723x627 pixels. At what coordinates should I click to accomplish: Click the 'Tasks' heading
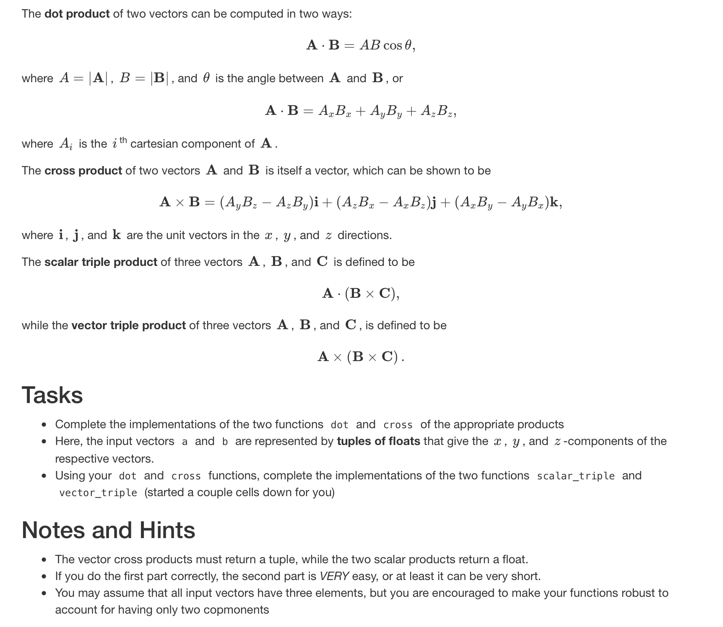click(x=52, y=395)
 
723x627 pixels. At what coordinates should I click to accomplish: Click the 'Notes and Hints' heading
click(x=108, y=530)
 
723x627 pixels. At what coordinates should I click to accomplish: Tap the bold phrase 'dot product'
click(x=77, y=14)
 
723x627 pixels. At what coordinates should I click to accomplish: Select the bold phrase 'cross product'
click(x=83, y=171)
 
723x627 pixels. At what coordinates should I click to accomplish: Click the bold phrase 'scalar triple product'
click(x=101, y=262)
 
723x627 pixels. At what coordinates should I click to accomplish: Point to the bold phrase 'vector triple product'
click(x=128, y=325)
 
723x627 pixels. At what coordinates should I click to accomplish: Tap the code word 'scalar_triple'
click(x=575, y=476)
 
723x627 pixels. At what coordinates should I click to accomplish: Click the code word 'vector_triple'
click(x=98, y=493)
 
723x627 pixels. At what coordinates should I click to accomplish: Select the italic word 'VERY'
click(x=334, y=576)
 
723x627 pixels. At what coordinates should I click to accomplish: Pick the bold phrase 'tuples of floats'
click(x=378, y=441)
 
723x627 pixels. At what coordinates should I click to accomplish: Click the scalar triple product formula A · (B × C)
click(x=360, y=293)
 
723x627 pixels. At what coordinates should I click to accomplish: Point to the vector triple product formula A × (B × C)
click(x=360, y=356)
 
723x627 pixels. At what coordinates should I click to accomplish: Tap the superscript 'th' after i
click(x=122, y=140)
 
